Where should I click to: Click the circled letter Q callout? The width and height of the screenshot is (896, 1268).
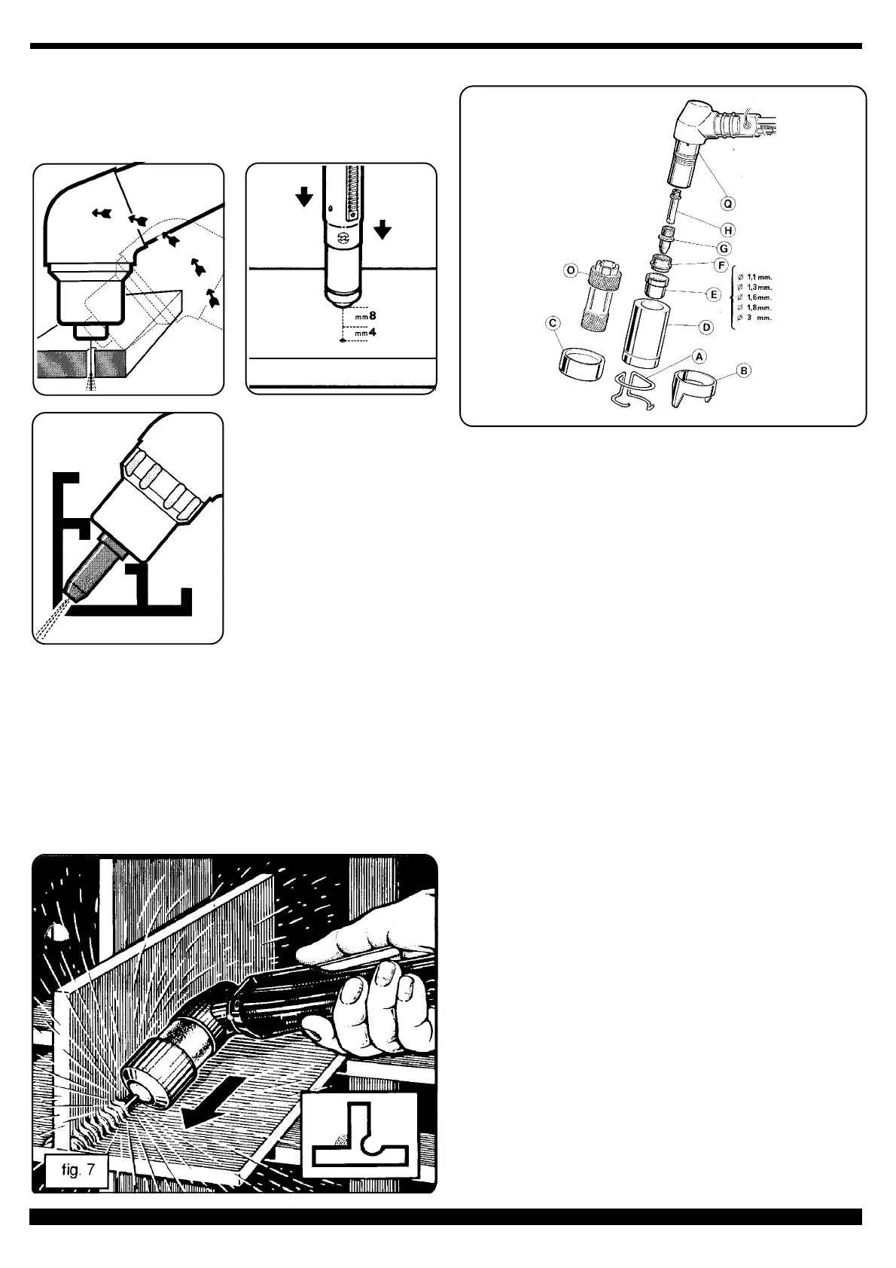click(x=728, y=203)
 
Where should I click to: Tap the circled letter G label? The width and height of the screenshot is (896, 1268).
click(x=724, y=248)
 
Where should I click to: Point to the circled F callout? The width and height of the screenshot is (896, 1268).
click(x=721, y=267)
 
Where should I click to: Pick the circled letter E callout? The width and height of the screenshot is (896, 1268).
click(x=715, y=295)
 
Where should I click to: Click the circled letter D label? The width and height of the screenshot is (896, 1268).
click(x=707, y=328)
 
